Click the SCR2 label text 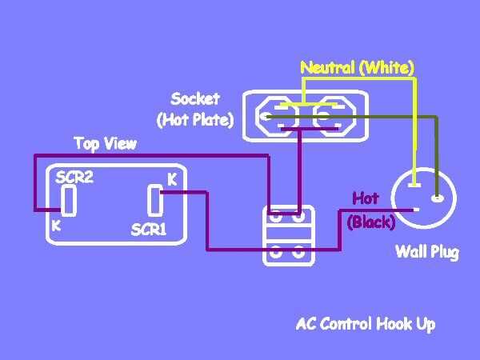[x=74, y=178]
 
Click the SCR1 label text [x=149, y=230]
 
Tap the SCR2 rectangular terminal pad [x=69, y=200]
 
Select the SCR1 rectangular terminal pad [x=155, y=200]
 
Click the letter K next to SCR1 [x=173, y=180]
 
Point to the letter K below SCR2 [x=56, y=226]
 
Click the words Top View [x=106, y=143]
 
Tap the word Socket [x=195, y=99]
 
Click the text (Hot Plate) [x=195, y=120]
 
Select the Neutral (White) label [x=358, y=68]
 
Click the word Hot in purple [x=366, y=198]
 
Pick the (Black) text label [x=372, y=222]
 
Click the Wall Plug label [x=427, y=252]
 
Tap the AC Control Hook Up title [x=366, y=324]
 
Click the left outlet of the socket [x=277, y=116]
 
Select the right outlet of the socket [x=334, y=116]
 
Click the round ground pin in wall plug [x=438, y=198]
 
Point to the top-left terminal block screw [x=275, y=217]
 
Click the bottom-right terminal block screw [x=298, y=252]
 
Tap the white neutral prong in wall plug [x=414, y=185]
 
